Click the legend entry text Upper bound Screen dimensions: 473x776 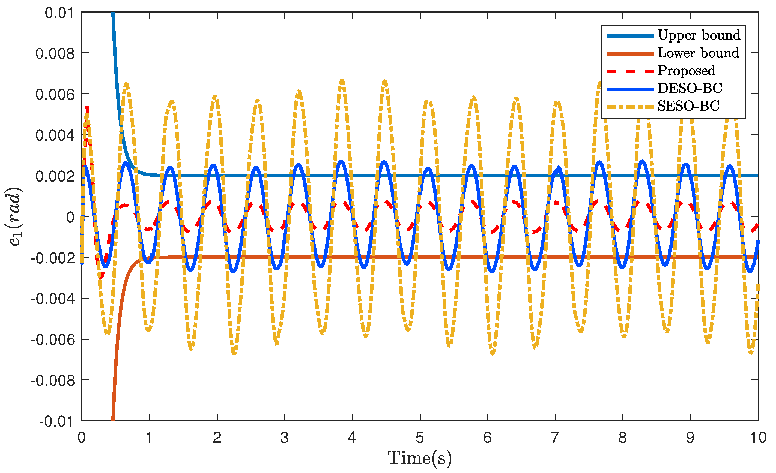[x=699, y=35]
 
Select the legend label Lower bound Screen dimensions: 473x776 [x=698, y=53]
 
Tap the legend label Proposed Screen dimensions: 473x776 [x=686, y=71]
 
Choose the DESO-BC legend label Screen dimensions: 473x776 [x=690, y=88]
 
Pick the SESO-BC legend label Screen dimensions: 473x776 [x=688, y=106]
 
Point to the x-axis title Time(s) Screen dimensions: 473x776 [x=419, y=458]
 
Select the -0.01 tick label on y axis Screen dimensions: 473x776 [x=57, y=421]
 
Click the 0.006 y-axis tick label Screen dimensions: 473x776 [x=55, y=94]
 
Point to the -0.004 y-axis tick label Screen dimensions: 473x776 [x=53, y=298]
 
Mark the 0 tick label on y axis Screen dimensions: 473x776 [x=71, y=217]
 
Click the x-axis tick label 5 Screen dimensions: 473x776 [x=419, y=438]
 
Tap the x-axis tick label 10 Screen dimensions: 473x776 [x=758, y=438]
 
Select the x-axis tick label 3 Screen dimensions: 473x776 [x=284, y=438]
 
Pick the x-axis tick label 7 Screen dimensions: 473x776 [x=555, y=438]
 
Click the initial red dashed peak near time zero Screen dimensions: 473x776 [x=87, y=109]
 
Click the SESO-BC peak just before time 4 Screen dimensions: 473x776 [x=342, y=81]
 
